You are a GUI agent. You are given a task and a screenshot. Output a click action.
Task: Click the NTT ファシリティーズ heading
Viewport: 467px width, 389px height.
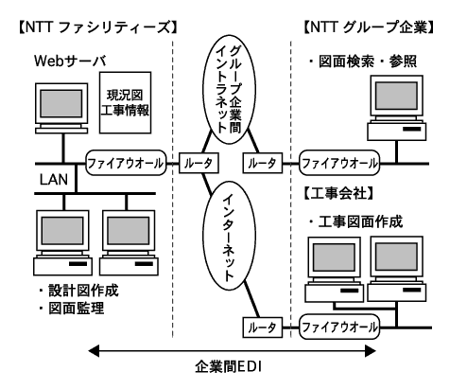coord(98,27)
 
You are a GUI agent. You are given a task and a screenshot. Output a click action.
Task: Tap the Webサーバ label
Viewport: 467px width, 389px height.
coord(70,61)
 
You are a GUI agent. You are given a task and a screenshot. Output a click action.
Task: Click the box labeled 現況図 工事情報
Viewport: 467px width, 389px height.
coord(126,102)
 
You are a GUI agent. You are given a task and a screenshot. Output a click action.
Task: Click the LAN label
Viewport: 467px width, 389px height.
coord(54,179)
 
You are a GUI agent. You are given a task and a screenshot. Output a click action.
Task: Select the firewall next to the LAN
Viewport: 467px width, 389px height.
coord(126,163)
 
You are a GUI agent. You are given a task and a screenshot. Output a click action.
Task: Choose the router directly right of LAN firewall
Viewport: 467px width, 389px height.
coord(199,163)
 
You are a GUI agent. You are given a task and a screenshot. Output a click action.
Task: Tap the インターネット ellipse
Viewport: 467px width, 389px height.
coord(229,236)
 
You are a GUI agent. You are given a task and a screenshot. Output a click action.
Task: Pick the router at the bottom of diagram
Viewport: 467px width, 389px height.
coord(263,327)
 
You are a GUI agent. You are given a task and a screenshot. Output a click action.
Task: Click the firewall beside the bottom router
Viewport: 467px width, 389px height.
coord(339,327)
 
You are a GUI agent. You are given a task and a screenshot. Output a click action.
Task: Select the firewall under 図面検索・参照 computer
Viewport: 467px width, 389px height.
coord(339,163)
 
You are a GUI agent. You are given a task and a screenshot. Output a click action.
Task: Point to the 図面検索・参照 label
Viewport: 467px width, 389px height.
coord(363,61)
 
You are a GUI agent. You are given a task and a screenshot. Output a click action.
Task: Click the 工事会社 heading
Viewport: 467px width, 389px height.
coord(338,193)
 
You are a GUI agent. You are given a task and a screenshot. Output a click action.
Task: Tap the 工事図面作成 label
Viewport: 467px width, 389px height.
coord(355,221)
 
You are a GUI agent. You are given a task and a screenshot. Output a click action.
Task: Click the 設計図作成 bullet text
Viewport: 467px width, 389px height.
coord(78,291)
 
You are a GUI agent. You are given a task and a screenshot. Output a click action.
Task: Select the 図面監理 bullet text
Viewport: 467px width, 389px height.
coord(72,309)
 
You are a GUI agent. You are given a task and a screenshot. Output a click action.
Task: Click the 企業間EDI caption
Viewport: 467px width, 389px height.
coord(229,367)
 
